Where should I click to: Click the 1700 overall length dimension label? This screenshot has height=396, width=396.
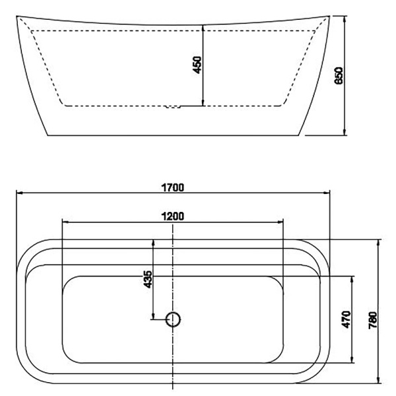click(172, 187)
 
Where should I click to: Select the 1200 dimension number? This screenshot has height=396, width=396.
click(172, 216)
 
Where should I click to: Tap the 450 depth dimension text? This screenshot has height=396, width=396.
click(197, 65)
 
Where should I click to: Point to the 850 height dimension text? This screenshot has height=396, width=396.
click(339, 75)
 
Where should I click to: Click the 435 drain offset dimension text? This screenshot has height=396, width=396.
click(148, 279)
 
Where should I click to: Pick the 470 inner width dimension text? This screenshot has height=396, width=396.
click(346, 319)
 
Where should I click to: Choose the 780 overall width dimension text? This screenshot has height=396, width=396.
click(373, 320)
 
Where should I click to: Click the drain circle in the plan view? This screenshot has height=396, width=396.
click(173, 319)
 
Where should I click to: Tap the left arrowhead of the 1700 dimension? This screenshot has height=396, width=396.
click(19, 193)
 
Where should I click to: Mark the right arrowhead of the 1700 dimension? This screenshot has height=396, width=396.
click(327, 193)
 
